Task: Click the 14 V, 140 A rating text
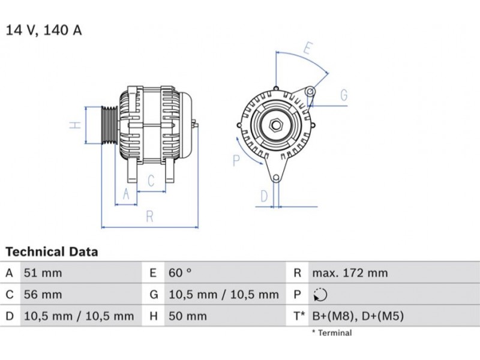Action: tap(44, 30)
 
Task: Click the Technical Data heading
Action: tap(52, 251)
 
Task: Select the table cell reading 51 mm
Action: tap(43, 273)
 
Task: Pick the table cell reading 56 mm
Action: tap(43, 295)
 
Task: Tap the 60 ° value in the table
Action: tap(180, 272)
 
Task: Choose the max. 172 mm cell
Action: tap(350, 273)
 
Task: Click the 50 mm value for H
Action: tap(188, 316)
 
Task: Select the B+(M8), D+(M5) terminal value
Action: tap(358, 316)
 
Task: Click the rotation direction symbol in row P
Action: tap(320, 295)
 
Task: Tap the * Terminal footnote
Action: tap(332, 333)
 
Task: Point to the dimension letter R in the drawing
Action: tap(149, 217)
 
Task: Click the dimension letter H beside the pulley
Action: tap(75, 125)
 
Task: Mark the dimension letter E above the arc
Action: tap(308, 49)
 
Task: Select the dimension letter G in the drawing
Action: tap(344, 95)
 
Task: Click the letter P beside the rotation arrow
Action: tap(236, 160)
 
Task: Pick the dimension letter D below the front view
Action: tap(264, 196)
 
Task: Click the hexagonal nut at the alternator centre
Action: tap(276, 125)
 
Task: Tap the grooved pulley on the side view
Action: tap(110, 125)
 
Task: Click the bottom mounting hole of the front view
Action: tap(276, 178)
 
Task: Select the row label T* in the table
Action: tap(299, 316)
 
